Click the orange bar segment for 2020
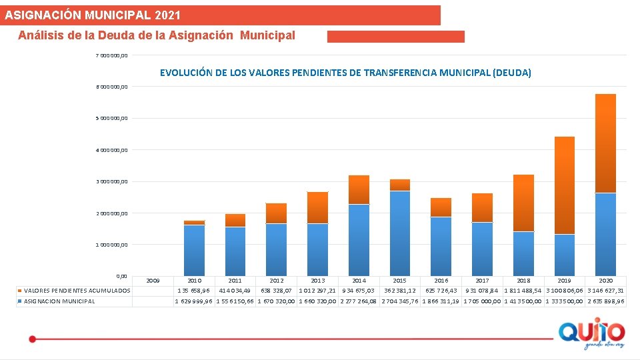(x=605, y=143)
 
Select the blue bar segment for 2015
(x=400, y=233)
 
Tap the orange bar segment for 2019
(x=564, y=185)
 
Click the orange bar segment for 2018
(x=523, y=203)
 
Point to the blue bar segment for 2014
(x=359, y=240)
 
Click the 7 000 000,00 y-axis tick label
(x=112, y=55)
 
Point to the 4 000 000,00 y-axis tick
(x=112, y=150)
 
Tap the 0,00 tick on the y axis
(x=121, y=275)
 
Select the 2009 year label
(x=153, y=281)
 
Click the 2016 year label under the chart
(x=441, y=281)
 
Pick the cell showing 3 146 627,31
(x=606, y=291)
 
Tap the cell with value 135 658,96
(x=194, y=291)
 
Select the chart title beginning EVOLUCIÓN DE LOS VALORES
(x=345, y=73)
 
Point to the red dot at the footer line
(x=32, y=339)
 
